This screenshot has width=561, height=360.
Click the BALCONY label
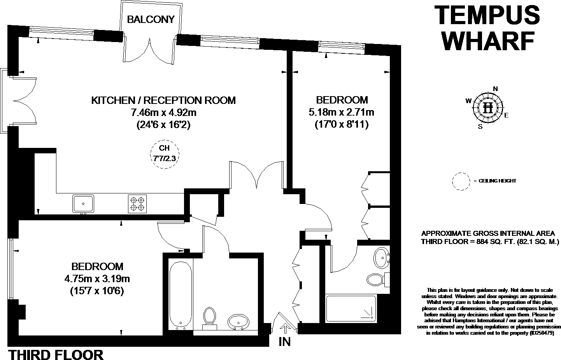(x=151, y=19)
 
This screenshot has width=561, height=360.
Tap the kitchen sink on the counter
(x=83, y=204)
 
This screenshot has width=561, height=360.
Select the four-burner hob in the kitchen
(x=137, y=204)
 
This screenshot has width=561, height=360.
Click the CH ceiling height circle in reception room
(x=165, y=153)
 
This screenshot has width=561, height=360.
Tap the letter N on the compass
(x=495, y=89)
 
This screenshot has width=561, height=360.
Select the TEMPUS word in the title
(x=486, y=15)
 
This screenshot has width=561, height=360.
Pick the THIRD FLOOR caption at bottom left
(x=56, y=355)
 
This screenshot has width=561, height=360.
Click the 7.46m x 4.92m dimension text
(x=163, y=113)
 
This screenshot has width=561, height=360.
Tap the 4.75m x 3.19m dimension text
(x=97, y=279)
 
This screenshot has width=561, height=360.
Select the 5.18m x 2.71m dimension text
(x=341, y=112)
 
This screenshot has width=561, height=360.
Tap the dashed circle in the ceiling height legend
(x=461, y=181)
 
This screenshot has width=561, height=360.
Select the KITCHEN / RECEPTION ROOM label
(x=163, y=100)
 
